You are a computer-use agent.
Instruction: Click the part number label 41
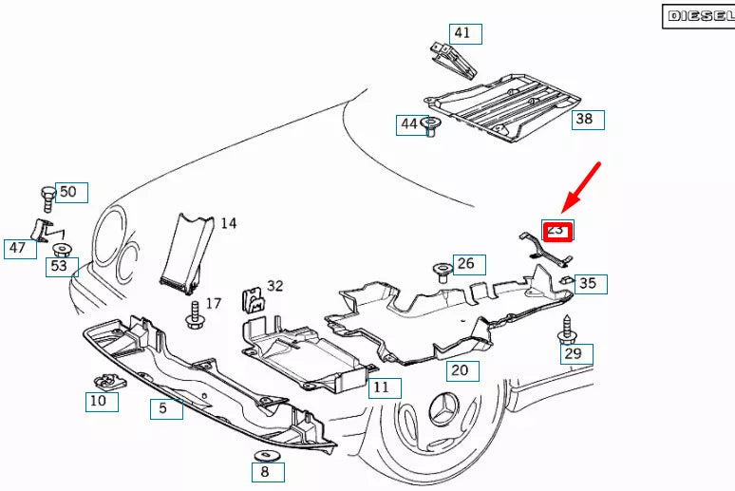[x=462, y=33]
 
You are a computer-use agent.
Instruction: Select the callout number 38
[x=585, y=119]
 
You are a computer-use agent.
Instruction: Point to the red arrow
[x=582, y=186]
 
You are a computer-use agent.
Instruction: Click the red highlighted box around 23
[x=556, y=231]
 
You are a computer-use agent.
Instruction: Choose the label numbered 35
[x=589, y=283]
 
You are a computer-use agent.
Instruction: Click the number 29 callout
[x=573, y=354]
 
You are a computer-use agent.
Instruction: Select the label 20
[x=460, y=370]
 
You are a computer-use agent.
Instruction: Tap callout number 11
[x=381, y=387]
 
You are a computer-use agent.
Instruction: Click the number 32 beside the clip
[x=275, y=285]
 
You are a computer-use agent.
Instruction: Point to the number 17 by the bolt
[x=214, y=304]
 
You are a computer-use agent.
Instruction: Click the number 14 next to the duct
[x=229, y=224]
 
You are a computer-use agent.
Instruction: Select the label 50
[x=68, y=192]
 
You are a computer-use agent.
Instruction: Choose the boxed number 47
[x=18, y=249]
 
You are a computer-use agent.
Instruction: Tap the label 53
[x=60, y=266]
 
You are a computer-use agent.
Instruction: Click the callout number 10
[x=99, y=402]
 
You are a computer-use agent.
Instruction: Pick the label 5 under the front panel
[x=163, y=408]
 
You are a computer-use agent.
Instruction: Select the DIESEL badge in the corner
[x=698, y=15]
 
